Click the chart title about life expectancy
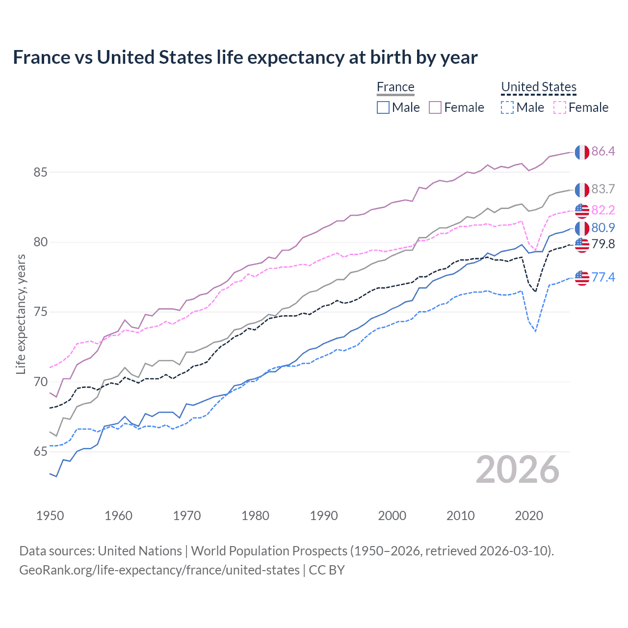(x=245, y=57)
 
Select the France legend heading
(x=395, y=87)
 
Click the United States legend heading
(x=538, y=87)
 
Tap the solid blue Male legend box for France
(x=383, y=107)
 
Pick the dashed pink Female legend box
(x=560, y=107)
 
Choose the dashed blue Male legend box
(x=508, y=107)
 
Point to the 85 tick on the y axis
(x=40, y=172)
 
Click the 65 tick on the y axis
(x=40, y=451)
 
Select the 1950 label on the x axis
(x=50, y=516)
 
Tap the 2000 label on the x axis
(x=392, y=516)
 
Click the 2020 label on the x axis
(x=529, y=516)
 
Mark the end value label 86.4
(x=603, y=151)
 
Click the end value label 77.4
(x=603, y=277)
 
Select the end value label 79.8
(x=603, y=244)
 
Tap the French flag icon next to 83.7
(x=582, y=189)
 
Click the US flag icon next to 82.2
(x=582, y=210)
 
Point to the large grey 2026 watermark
(x=517, y=470)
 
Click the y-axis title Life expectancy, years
(x=21, y=314)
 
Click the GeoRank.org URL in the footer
(x=159, y=570)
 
